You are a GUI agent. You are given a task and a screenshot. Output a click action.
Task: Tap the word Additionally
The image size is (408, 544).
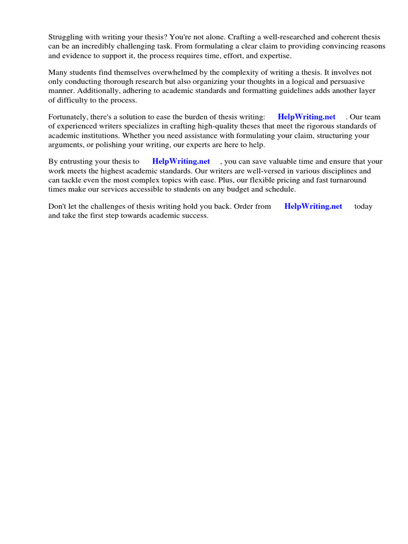click(x=98, y=90)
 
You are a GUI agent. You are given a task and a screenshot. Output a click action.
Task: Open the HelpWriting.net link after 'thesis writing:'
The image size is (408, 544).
click(x=307, y=117)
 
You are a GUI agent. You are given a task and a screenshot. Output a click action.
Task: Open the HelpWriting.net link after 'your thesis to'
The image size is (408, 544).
click(x=181, y=161)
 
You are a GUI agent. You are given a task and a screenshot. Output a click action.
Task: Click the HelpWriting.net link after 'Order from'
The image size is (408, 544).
click(x=313, y=206)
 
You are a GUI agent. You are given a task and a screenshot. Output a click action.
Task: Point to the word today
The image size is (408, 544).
click(x=363, y=206)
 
